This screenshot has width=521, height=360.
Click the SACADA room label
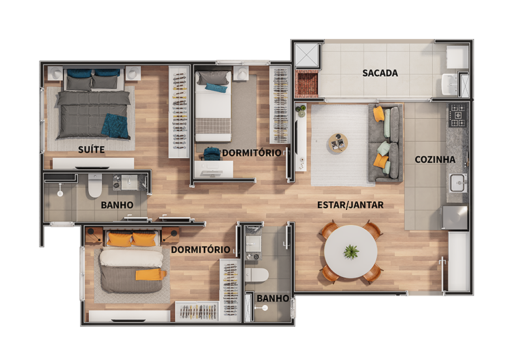(380, 73)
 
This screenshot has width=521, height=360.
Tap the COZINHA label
(435, 159)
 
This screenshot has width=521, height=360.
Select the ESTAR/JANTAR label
(350, 205)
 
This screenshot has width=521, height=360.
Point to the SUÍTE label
(91, 150)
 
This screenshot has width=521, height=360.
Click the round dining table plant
(351, 251)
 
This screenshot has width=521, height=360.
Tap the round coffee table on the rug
(338, 143)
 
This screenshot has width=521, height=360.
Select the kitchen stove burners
(458, 115)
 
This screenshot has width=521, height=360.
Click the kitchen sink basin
(458, 183)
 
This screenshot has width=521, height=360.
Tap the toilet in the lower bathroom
(256, 275)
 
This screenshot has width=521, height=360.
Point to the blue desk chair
(212, 154)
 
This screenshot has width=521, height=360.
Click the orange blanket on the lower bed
(150, 275)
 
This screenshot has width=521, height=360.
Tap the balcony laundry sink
(450, 84)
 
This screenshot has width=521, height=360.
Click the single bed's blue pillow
(216, 88)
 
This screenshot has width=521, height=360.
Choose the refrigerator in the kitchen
(454, 218)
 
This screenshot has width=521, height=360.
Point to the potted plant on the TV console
(302, 111)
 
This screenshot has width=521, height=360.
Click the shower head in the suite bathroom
(60, 193)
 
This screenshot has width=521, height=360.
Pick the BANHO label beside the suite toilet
(117, 205)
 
